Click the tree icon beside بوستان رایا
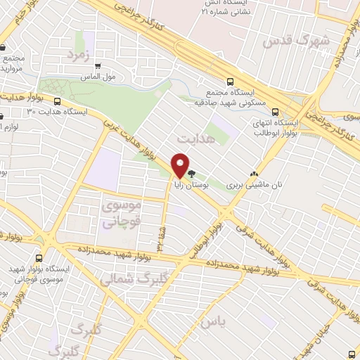click(x=191, y=172)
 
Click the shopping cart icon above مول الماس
click(x=98, y=66)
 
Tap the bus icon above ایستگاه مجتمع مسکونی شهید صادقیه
click(x=230, y=81)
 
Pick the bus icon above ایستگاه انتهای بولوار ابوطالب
click(x=275, y=111)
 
